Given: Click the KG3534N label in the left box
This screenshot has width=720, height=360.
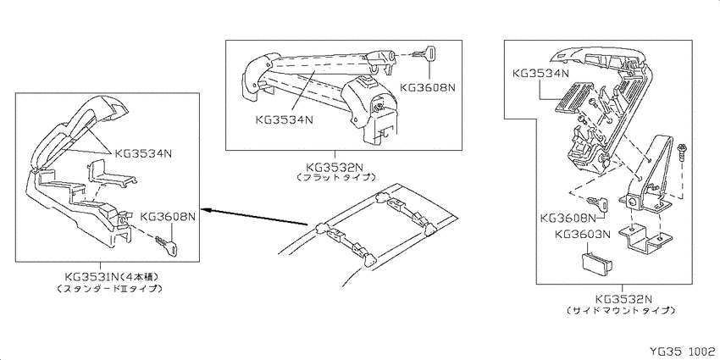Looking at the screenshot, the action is click(x=143, y=153).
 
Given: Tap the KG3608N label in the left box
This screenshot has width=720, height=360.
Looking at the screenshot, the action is click(x=168, y=216).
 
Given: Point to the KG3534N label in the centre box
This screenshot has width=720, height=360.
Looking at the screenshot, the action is click(x=285, y=119).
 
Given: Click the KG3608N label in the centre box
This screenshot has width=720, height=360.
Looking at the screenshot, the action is click(x=428, y=86).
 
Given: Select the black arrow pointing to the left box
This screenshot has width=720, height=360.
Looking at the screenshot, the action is click(x=255, y=217).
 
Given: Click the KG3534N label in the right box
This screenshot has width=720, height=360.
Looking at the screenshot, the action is click(x=541, y=73).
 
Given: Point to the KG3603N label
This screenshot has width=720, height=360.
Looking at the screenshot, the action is click(x=583, y=235).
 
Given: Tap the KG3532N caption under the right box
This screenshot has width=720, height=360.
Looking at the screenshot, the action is click(x=623, y=300).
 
